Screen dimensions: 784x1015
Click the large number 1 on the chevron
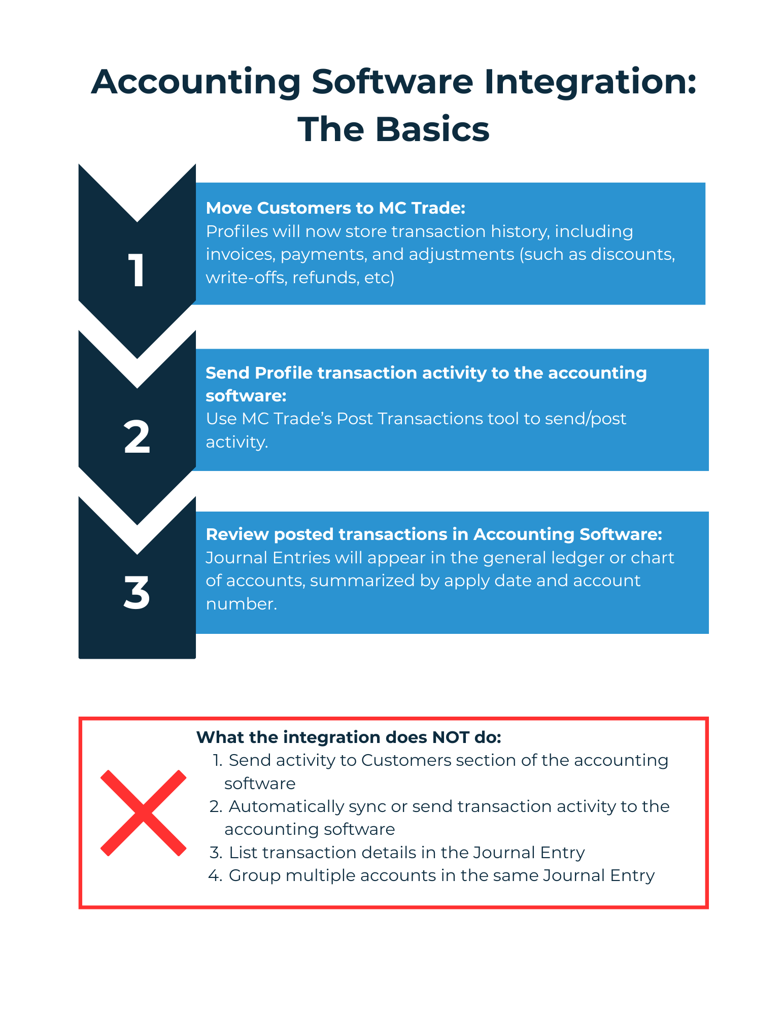[137, 270]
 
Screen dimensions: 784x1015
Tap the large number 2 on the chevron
[137, 437]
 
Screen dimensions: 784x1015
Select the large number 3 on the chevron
[137, 593]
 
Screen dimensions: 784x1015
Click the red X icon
[144, 813]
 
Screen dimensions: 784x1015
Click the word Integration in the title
[590, 82]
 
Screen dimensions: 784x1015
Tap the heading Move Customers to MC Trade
[335, 208]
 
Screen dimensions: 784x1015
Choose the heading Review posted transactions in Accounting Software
[434, 534]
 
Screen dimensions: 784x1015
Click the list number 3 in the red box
[216, 853]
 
